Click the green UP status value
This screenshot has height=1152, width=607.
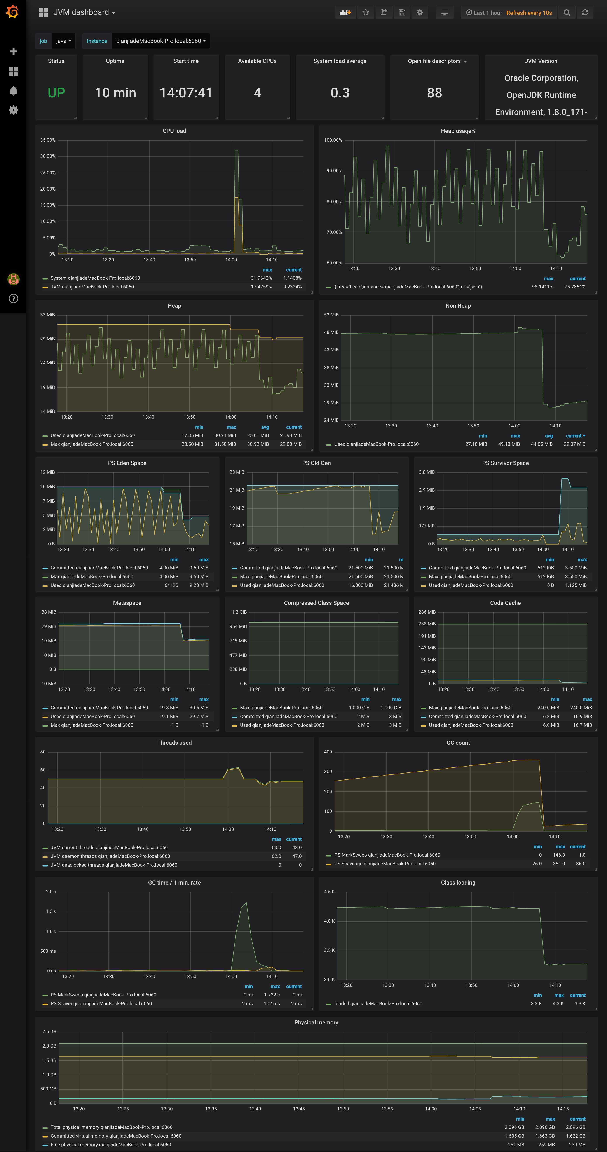click(56, 93)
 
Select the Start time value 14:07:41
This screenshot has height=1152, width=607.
click(186, 93)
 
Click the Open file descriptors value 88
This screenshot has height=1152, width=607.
click(434, 93)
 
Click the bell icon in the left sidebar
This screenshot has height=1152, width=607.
click(13, 91)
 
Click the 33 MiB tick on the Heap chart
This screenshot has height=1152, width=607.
click(47, 315)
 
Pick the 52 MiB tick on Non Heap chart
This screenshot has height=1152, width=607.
click(331, 315)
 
